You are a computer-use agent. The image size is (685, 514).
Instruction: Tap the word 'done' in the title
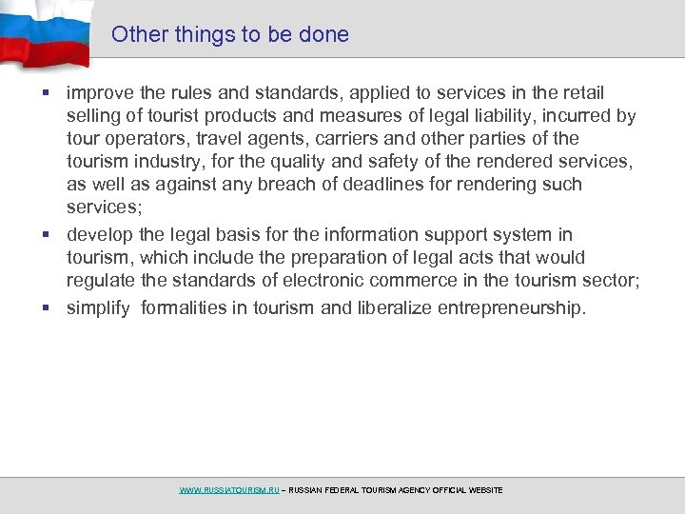[x=324, y=35]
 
